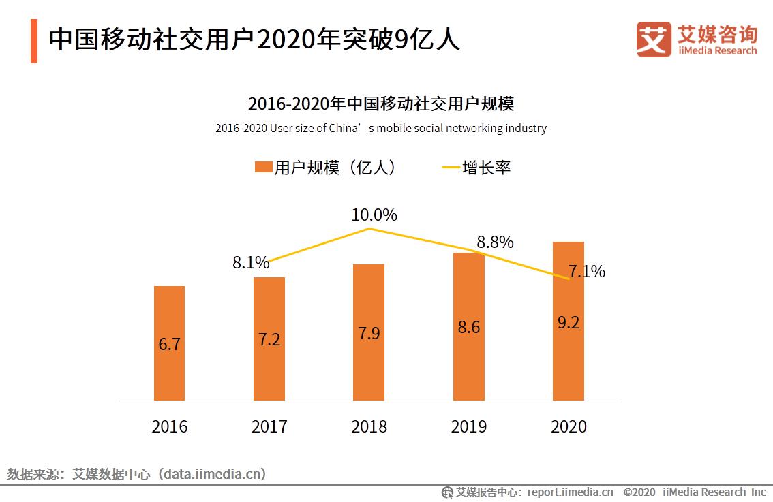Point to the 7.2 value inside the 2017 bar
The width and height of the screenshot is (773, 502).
tap(269, 339)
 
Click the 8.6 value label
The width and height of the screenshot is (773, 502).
tap(469, 327)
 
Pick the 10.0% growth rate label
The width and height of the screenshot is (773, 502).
tap(374, 215)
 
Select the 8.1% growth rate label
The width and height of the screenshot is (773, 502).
tap(250, 263)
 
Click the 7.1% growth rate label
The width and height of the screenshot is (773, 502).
tap(587, 271)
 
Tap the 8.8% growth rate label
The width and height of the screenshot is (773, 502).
tap(495, 242)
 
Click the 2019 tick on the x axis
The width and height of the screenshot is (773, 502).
tap(469, 426)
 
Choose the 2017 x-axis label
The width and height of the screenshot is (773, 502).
tap(269, 426)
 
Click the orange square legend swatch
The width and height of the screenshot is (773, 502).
tap(263, 168)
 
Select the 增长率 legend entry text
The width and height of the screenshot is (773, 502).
tap(486, 168)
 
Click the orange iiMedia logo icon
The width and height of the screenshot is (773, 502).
tap(653, 40)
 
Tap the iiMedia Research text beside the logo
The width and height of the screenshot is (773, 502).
tap(716, 50)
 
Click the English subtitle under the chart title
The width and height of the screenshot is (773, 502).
tap(380, 128)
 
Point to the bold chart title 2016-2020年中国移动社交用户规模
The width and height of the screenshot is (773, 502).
tap(380, 104)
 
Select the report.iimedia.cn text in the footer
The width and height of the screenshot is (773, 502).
tap(570, 492)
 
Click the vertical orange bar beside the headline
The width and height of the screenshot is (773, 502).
tap(34, 41)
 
